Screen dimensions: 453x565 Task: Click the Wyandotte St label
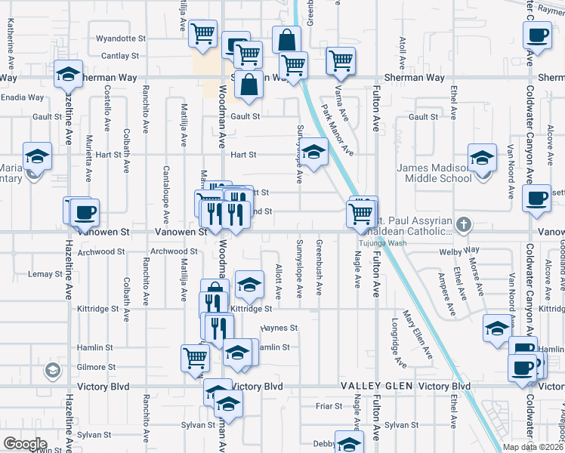(x=120, y=38)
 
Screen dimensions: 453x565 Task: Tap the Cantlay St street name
(x=120, y=56)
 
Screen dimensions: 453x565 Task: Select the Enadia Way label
(x=23, y=97)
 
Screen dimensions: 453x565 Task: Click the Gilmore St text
(x=100, y=367)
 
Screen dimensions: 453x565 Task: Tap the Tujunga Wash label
(x=381, y=243)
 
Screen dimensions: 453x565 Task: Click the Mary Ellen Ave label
(x=418, y=334)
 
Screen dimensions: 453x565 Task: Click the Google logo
(x=25, y=444)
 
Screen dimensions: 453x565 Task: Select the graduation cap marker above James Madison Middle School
(x=481, y=158)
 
